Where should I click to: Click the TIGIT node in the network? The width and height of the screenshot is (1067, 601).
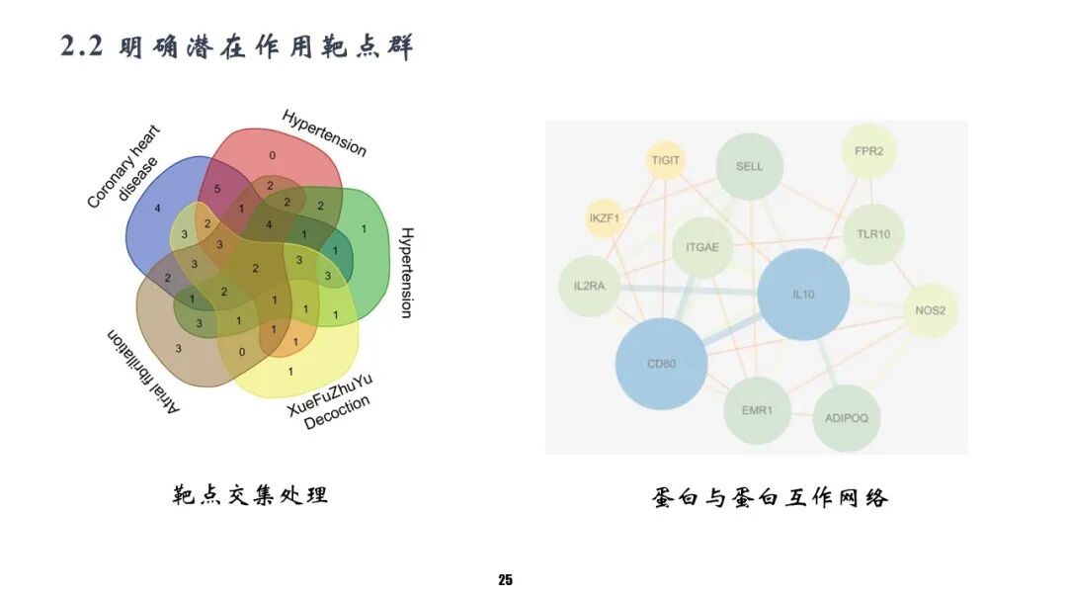pyautogui.click(x=667, y=160)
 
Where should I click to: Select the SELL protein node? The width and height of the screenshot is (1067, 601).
pyautogui.click(x=749, y=166)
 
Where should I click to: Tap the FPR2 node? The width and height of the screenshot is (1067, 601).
pyautogui.click(x=868, y=151)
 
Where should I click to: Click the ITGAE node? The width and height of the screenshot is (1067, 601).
pyautogui.click(x=702, y=245)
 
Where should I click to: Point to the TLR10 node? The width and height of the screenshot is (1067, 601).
pyautogui.click(x=874, y=234)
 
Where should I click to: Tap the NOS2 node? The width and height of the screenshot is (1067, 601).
pyautogui.click(x=930, y=310)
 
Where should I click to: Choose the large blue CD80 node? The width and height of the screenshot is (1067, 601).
pyautogui.click(x=661, y=363)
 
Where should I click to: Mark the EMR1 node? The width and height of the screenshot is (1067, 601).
pyautogui.click(x=757, y=408)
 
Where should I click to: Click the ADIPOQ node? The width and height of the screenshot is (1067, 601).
pyautogui.click(x=846, y=417)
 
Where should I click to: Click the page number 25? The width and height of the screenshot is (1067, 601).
pyautogui.click(x=506, y=579)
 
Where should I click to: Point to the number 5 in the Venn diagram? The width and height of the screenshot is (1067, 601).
pyautogui.click(x=216, y=188)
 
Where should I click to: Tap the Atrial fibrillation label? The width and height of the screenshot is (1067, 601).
pyautogui.click(x=143, y=373)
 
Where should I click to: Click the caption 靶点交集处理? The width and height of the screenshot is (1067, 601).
pyautogui.click(x=250, y=494)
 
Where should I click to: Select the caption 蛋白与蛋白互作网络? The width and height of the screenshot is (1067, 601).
pyautogui.click(x=771, y=496)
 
